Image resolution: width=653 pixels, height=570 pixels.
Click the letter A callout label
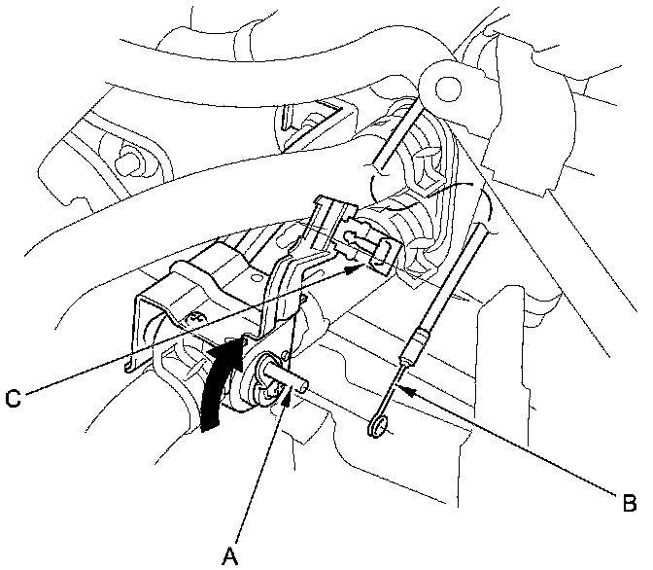229,555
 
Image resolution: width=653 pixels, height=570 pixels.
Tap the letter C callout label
13,396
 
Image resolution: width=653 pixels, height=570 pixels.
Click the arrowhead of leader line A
282,401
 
